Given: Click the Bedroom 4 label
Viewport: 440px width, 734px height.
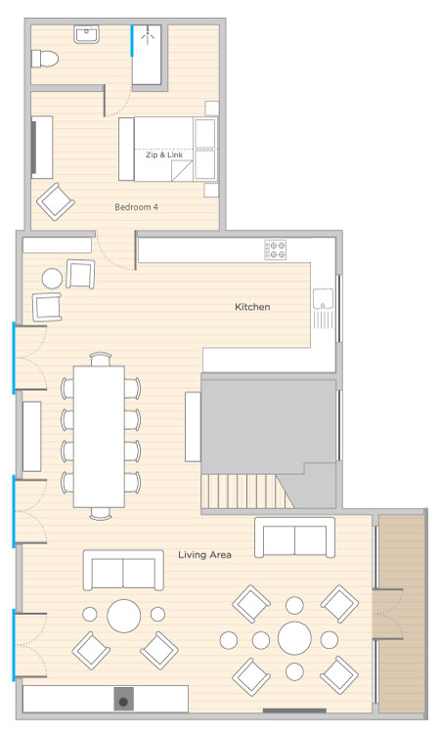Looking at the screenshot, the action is click(x=136, y=207).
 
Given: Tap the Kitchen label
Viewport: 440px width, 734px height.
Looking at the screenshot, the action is click(x=252, y=307).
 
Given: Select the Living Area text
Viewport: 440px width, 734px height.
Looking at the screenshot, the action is click(x=204, y=555).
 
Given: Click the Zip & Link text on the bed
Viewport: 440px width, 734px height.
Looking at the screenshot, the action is click(x=164, y=154).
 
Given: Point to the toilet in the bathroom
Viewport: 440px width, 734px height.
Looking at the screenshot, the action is click(x=45, y=59).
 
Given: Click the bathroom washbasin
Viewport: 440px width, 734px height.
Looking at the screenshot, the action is click(x=86, y=34).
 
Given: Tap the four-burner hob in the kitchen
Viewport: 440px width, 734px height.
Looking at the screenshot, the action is click(x=275, y=249).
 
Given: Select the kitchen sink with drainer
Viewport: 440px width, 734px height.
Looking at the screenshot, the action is click(x=324, y=308).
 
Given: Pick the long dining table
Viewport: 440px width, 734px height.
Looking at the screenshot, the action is click(x=99, y=436).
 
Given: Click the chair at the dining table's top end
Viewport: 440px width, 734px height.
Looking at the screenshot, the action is click(x=100, y=359).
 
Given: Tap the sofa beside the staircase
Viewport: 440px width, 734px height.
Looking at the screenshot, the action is click(x=295, y=538).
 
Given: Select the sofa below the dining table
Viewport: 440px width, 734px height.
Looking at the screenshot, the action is click(x=123, y=570).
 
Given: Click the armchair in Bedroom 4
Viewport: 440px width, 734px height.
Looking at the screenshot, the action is click(x=56, y=201).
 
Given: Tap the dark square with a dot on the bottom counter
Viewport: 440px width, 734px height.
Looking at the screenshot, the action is click(x=123, y=699).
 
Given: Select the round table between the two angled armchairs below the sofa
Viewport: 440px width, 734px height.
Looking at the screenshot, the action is click(x=124, y=616).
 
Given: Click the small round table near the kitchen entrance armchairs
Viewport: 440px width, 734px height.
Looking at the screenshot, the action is click(x=52, y=278).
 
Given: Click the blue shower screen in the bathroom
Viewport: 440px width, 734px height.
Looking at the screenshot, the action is click(x=132, y=41).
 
